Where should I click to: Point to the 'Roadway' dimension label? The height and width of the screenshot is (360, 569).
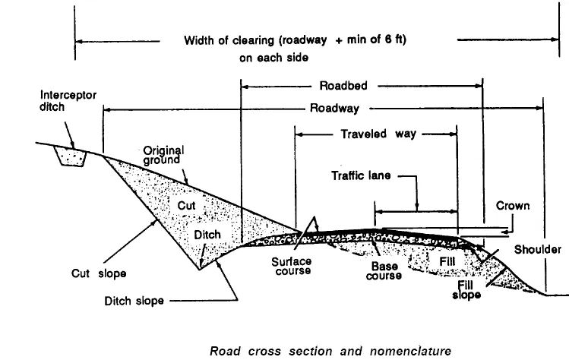point(334,109)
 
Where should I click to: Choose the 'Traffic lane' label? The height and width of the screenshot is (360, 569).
point(362,175)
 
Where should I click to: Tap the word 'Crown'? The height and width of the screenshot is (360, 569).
point(513,206)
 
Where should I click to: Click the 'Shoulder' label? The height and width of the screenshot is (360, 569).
point(537,249)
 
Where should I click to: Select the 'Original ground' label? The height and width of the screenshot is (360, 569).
point(164,155)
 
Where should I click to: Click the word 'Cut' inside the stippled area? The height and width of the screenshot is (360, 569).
point(187,205)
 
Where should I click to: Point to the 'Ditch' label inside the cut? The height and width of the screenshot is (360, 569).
point(207,235)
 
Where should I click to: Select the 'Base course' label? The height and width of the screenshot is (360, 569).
point(386,271)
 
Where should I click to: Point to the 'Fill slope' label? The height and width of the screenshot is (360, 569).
point(468,289)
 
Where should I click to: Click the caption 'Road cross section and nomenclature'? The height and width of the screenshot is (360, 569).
point(330,350)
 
